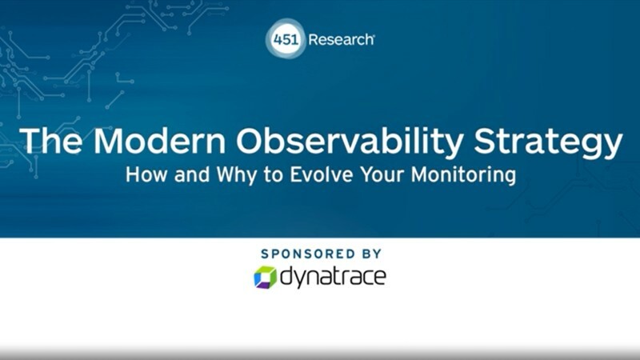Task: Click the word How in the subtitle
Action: tap(144, 175)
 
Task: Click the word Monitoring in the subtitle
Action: tap(462, 175)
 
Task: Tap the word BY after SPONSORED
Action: tap(368, 253)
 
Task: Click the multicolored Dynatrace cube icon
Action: tap(265, 278)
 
